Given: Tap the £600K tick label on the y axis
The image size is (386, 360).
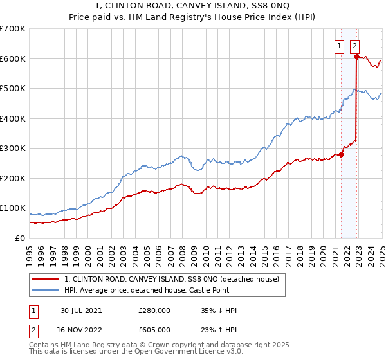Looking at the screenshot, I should [13, 59].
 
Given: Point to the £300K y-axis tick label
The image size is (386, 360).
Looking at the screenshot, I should [13, 148].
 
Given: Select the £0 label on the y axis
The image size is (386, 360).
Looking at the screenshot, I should [21, 238].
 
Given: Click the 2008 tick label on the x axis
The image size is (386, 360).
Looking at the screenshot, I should [182, 251].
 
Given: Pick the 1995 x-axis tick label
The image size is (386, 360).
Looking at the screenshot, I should [30, 251].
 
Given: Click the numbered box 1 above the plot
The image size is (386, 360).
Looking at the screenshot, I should [339, 45].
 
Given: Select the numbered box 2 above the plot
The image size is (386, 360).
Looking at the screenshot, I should [355, 45].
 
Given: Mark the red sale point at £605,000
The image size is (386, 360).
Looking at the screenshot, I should [356, 57].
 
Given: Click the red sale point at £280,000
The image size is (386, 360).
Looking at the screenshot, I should [342, 154].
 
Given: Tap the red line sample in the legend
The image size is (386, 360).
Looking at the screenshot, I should [46, 279].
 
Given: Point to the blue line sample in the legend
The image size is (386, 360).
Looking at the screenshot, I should [46, 290].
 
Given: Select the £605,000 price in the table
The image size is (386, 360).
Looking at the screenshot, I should [154, 329].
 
